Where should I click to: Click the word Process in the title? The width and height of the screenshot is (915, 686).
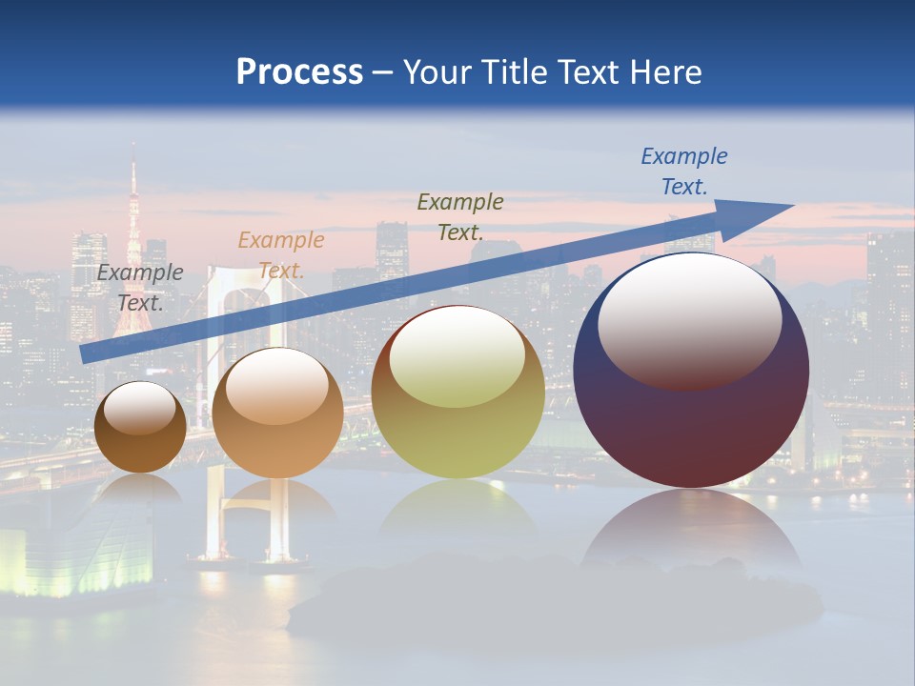tap(299, 72)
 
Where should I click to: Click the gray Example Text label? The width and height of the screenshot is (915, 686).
tap(140, 287)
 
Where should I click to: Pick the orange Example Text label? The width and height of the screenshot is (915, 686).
tap(280, 254)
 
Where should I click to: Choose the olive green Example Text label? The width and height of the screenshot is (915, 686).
tap(460, 216)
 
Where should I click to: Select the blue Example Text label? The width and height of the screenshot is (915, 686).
tap(683, 171)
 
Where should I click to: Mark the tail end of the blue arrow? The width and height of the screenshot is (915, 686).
tap(85, 353)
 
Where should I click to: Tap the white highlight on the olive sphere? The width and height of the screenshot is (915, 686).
tap(457, 357)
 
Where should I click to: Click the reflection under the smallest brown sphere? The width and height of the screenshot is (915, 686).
tap(140, 489)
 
